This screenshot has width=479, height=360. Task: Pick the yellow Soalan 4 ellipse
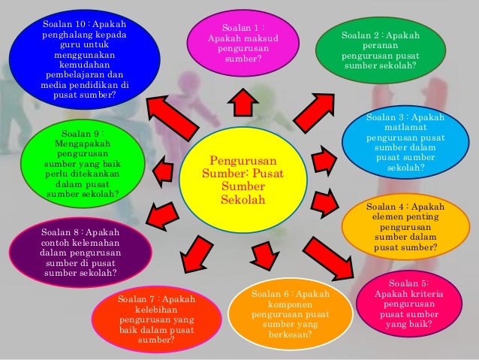405,226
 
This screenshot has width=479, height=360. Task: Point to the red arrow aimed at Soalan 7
197,251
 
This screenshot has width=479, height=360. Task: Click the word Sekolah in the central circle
243,201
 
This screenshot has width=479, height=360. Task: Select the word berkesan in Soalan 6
290,334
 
